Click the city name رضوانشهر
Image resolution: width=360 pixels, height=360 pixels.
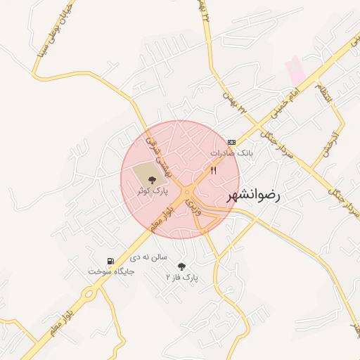click(253, 196)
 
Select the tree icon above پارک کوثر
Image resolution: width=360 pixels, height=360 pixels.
click(153, 180)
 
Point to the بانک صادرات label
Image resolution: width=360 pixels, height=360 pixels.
click(231, 153)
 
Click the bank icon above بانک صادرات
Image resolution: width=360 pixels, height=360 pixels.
click(232, 143)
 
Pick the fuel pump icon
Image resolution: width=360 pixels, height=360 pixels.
click(110, 261)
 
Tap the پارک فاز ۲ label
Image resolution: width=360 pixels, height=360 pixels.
click(182, 278)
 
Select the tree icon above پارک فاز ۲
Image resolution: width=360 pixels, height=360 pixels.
click(182, 266)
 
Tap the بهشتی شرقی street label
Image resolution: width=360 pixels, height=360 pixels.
click(157, 150)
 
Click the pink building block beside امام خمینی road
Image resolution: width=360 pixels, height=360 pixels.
click(295, 71)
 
